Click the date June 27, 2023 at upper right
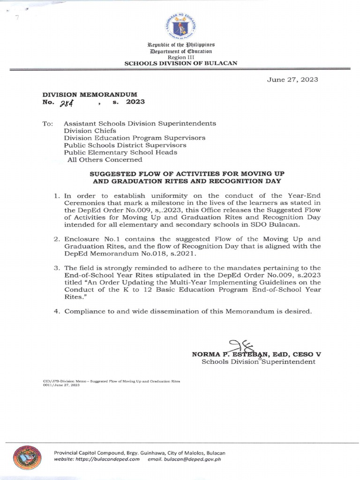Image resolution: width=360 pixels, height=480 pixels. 292,79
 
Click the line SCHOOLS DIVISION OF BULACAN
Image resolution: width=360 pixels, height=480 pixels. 180,63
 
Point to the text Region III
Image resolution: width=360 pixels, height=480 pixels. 180,57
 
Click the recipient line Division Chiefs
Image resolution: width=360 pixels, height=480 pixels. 90,131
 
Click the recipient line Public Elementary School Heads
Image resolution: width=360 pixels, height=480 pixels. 120,152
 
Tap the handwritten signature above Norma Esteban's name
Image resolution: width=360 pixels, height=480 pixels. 241,346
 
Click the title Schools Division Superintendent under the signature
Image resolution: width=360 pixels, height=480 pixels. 258,362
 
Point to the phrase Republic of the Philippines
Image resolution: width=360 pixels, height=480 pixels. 180,44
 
